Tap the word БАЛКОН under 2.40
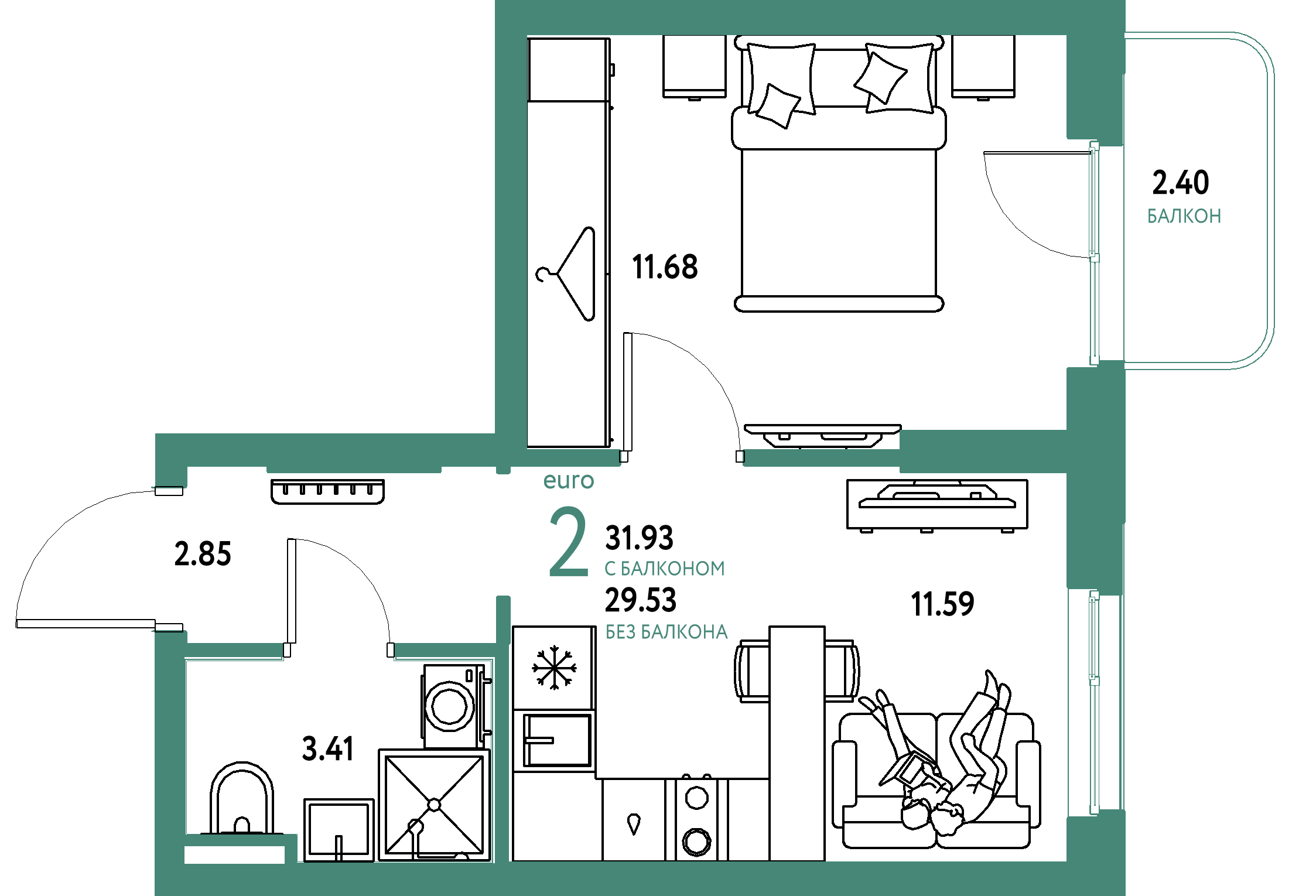point(1184,216)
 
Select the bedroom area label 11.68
point(665,267)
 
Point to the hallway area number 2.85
point(203,553)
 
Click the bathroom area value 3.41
point(328,748)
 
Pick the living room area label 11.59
point(942,604)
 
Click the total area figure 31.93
point(639,538)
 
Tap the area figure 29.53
point(641,600)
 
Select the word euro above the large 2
point(569,481)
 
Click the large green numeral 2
point(568,542)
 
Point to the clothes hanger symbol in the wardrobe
point(565,274)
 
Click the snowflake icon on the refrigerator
point(554,667)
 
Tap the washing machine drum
point(449,706)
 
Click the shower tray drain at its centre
point(434,805)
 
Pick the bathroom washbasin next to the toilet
point(339,830)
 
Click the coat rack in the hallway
point(327,491)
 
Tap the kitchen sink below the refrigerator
point(557,740)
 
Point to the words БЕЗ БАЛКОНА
point(666,632)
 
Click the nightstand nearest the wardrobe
point(695,67)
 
